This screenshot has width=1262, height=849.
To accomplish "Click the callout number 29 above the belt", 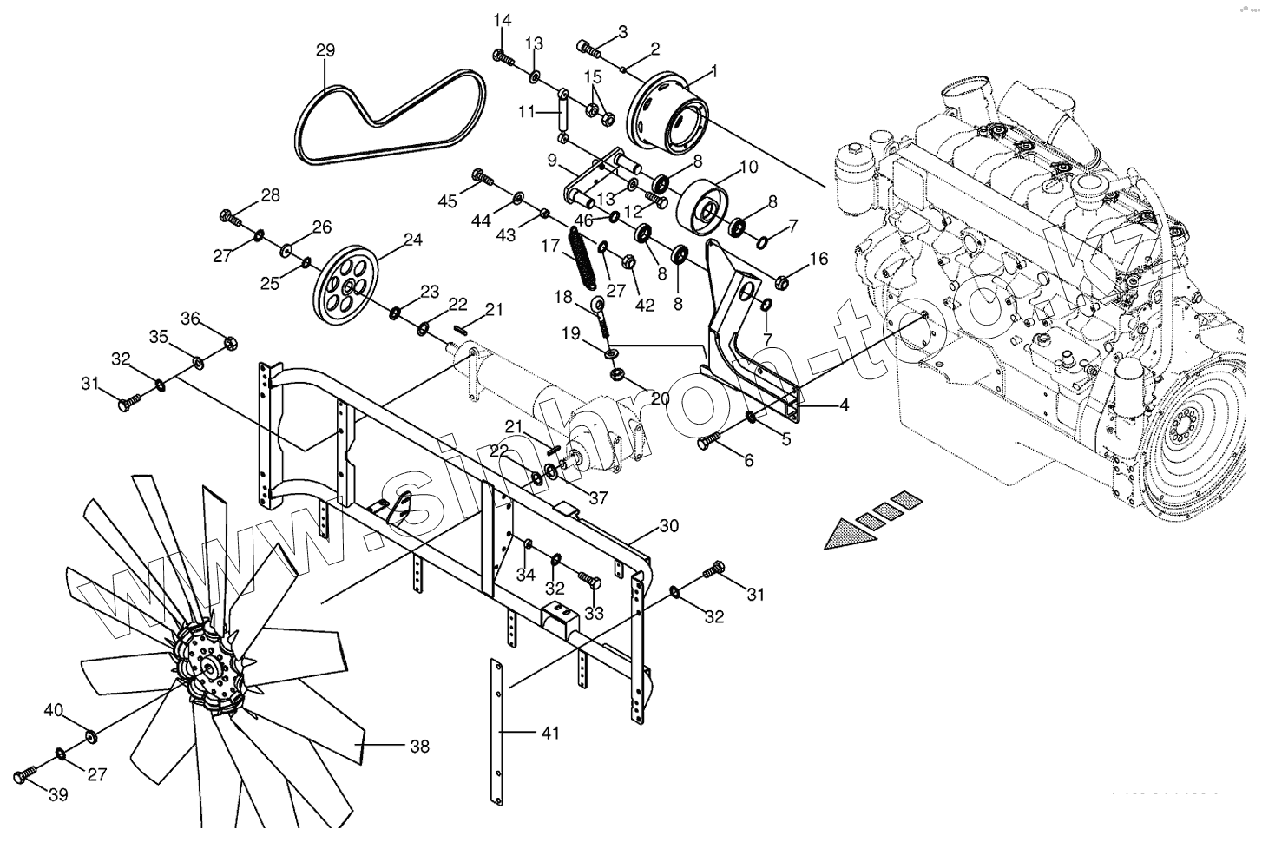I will [x=325, y=50].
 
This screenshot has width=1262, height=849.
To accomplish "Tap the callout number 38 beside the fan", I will [x=419, y=746].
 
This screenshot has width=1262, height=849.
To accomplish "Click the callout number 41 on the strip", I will [x=549, y=734].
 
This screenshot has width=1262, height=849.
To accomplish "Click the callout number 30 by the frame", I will [x=668, y=526].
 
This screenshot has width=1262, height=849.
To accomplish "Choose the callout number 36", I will [x=190, y=319].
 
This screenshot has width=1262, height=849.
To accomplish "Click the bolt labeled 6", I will [x=706, y=443].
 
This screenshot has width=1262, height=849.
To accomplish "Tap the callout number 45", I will [x=447, y=202].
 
